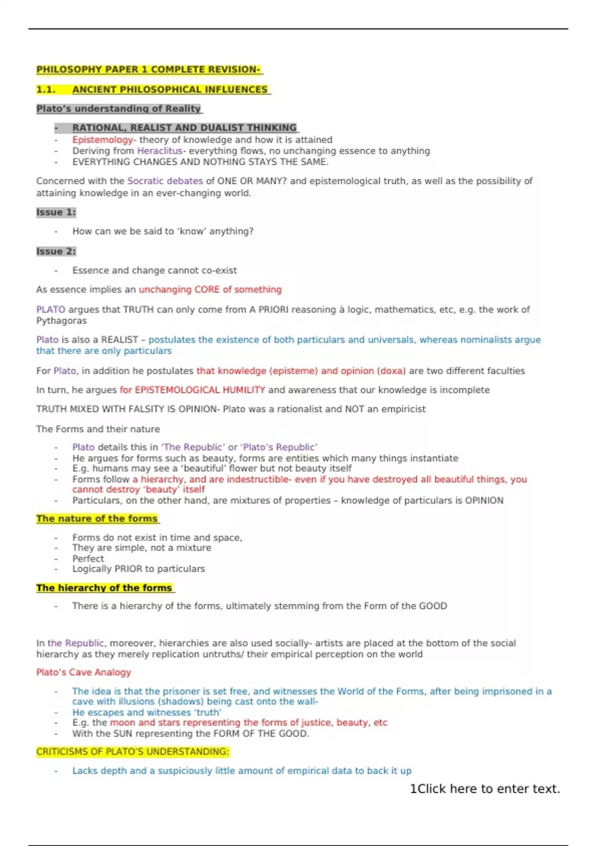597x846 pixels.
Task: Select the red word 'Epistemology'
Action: click(102, 140)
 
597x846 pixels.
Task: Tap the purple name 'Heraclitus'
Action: click(160, 151)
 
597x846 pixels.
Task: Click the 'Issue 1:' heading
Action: click(56, 212)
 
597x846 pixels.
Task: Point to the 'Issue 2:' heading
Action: click(56, 251)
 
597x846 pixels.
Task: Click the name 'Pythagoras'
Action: click(61, 321)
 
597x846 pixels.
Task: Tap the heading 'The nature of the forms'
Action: click(97, 519)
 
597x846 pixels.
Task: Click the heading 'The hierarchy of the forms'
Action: click(104, 588)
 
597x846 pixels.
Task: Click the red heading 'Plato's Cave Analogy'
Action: click(84, 672)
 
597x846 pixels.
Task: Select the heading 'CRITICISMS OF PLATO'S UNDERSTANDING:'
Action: click(132, 751)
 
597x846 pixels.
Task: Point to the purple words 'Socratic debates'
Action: click(165, 181)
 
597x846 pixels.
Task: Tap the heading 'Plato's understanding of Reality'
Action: click(118, 108)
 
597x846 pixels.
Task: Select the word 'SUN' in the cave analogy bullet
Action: click(123, 734)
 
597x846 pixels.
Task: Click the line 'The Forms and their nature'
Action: click(98, 429)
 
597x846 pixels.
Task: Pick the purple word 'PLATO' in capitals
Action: click(51, 310)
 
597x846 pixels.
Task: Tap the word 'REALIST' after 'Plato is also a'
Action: click(119, 340)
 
